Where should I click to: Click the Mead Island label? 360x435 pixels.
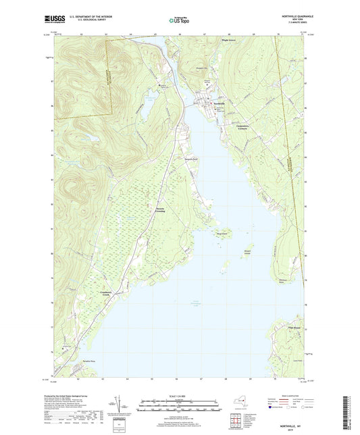(x=221, y=234)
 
